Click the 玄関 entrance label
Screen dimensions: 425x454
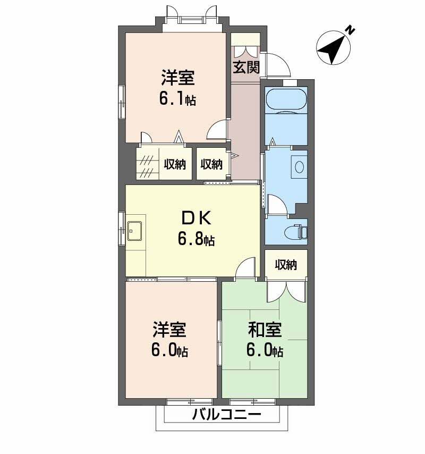coord(246,67)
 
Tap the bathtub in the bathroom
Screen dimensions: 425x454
coord(286,100)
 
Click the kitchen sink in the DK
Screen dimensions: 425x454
coord(135,231)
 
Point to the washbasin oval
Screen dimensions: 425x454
coord(299,166)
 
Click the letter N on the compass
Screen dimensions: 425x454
coord(350,30)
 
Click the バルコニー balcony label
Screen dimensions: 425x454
coord(227,415)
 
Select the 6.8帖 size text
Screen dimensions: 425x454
coord(196,239)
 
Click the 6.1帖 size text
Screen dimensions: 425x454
coord(177,99)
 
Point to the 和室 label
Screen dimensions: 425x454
coord(265,330)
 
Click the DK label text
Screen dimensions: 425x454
coord(197,218)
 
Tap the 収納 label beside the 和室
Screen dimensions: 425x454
coord(286,264)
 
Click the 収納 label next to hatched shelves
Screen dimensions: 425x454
coord(175,164)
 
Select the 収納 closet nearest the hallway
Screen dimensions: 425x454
coord(211,164)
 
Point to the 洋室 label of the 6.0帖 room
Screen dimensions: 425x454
coord(169,330)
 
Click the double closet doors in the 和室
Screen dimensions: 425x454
coord(286,291)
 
